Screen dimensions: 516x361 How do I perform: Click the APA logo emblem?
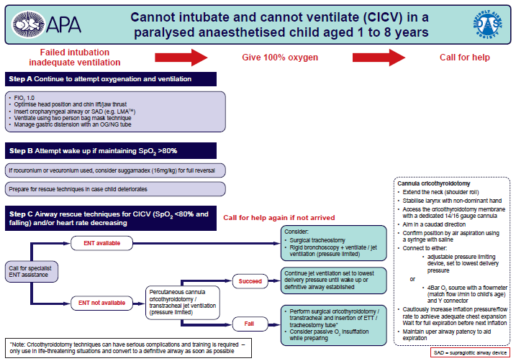point(28,24)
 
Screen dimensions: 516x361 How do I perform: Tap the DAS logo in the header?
point(488,24)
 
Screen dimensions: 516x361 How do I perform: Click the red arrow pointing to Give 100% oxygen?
point(181,58)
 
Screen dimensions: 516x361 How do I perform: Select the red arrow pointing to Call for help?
point(379,58)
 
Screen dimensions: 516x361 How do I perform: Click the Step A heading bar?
point(111,79)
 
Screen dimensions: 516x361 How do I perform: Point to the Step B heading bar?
point(111,151)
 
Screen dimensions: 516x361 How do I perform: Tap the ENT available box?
point(101,243)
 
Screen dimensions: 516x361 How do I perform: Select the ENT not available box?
point(101,303)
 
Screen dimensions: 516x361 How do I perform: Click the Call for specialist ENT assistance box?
point(32,272)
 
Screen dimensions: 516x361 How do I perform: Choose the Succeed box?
point(250,281)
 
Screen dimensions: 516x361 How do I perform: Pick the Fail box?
point(249,324)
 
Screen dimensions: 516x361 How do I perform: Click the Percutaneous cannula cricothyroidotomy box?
point(183,303)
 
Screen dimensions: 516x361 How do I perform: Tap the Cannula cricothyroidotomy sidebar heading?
point(434,183)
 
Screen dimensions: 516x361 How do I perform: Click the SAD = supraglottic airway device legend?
point(470,352)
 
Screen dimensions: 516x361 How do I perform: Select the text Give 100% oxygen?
point(280,58)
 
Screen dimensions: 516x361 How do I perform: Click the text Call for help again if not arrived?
point(279,218)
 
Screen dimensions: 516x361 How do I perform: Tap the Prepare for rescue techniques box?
point(115,189)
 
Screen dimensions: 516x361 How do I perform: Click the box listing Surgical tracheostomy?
point(334,243)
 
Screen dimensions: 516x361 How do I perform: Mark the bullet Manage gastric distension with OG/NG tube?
point(73,124)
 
